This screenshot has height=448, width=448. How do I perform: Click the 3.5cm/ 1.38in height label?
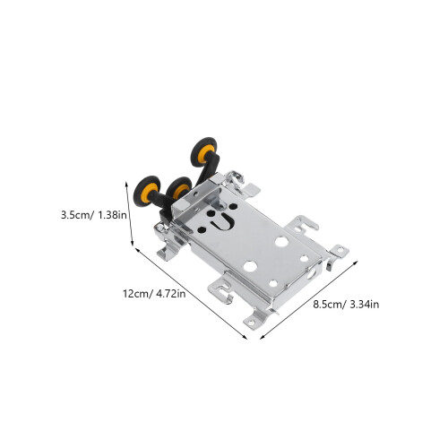coord(94,215)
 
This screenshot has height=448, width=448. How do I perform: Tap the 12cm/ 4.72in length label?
coord(154,294)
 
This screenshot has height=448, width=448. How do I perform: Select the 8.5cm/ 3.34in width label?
coord(346,305)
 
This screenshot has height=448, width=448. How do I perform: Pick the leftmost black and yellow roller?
coord(147,191)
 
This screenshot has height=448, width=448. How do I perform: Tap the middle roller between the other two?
coord(178,188)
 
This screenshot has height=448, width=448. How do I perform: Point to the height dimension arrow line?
coord(130,213)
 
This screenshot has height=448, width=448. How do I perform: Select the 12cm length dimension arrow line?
coord(192,293)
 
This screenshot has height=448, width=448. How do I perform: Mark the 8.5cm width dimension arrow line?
coord(309,299)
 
